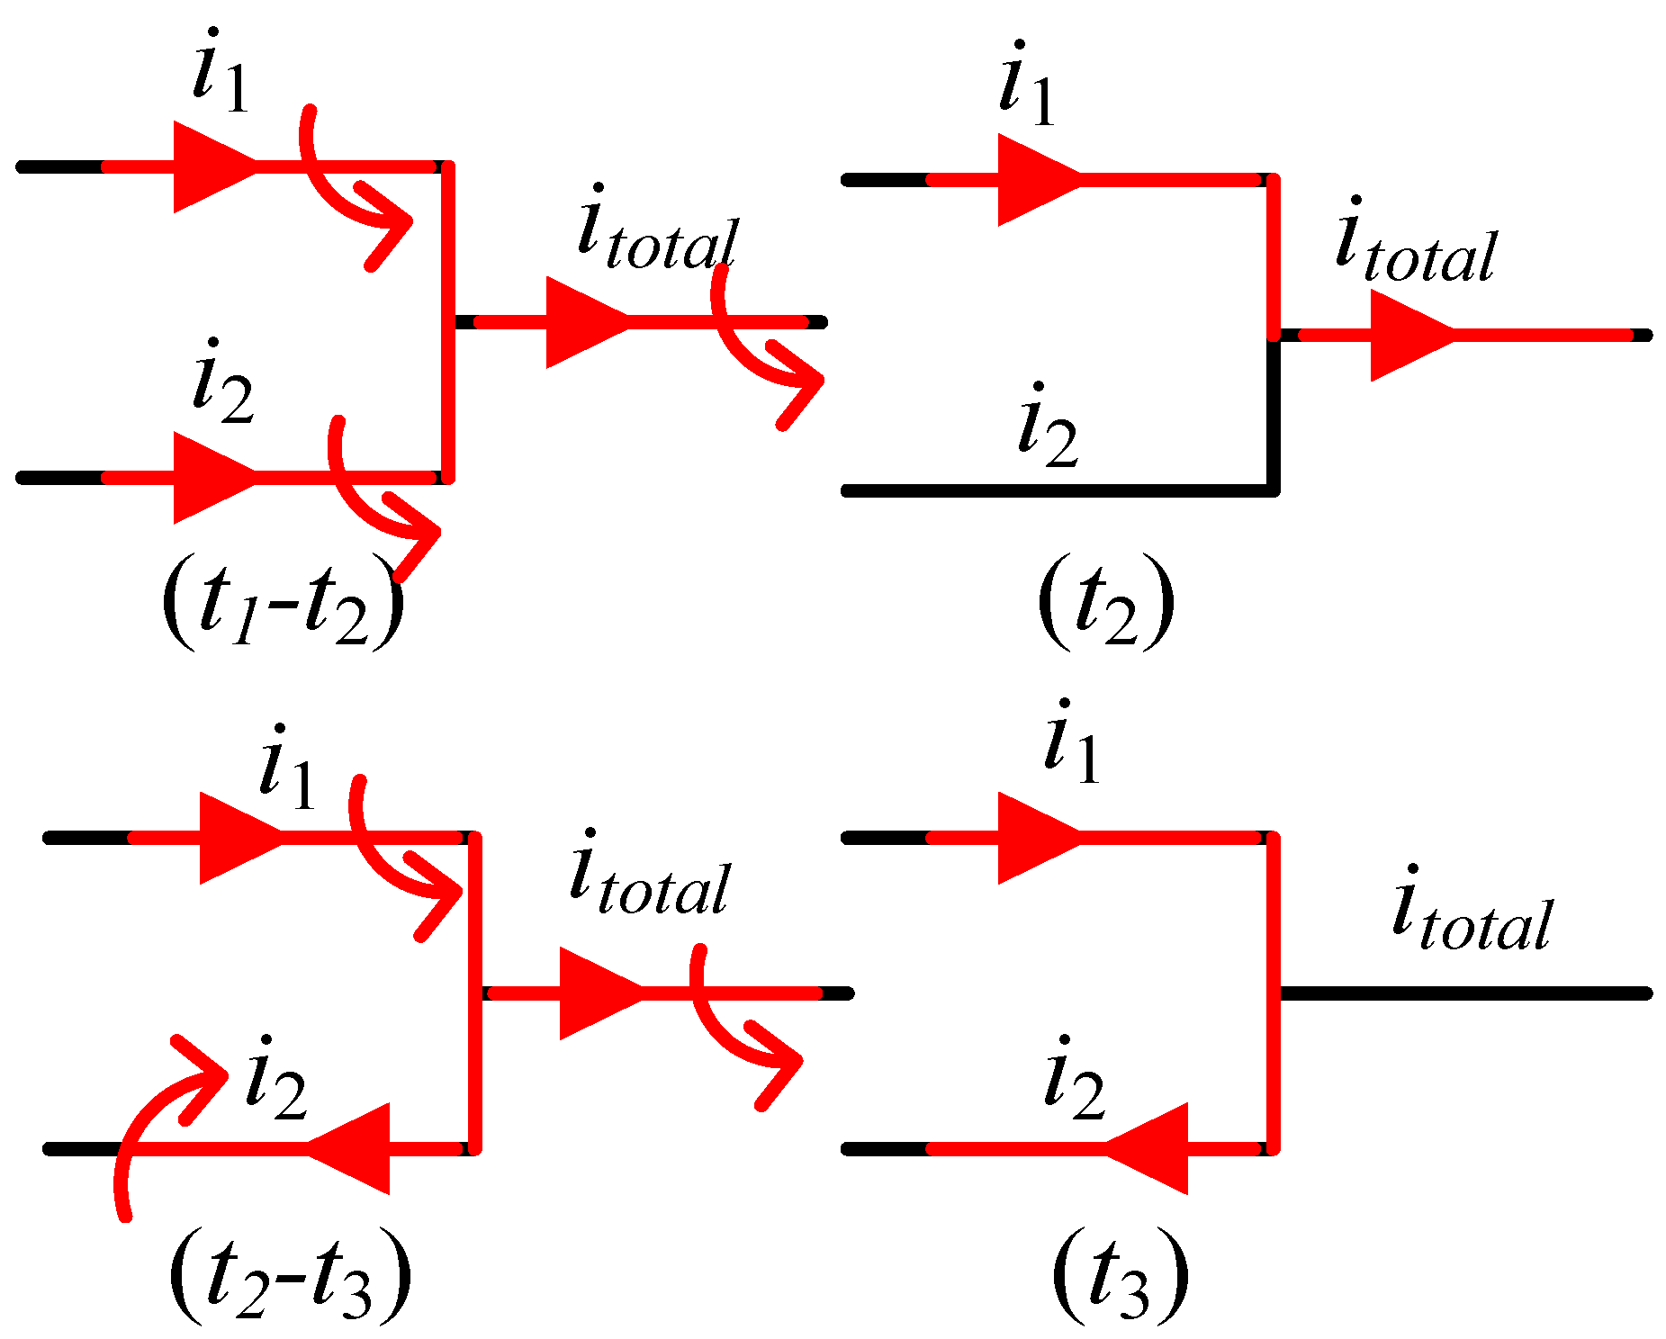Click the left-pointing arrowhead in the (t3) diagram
[1148, 1148]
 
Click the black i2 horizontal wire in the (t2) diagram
[1053, 490]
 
